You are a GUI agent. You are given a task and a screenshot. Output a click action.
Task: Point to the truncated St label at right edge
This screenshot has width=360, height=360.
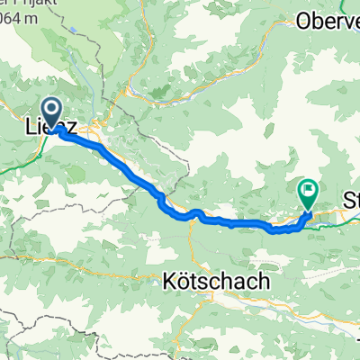pyautogui.click(x=351, y=198)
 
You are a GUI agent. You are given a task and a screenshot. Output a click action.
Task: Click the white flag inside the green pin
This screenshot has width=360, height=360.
pyautogui.click(x=309, y=190)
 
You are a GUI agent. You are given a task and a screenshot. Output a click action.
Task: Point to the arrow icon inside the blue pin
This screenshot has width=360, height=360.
pyautogui.click(x=51, y=112)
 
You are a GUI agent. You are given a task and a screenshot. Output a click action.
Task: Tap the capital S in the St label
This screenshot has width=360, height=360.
pyautogui.click(x=346, y=198)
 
